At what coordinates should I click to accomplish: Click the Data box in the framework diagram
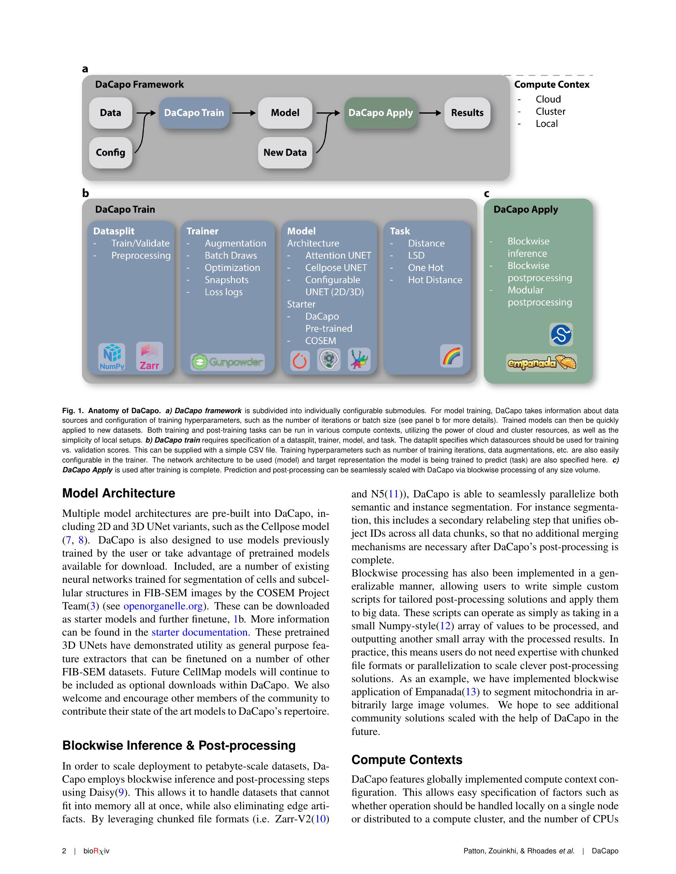[111, 113]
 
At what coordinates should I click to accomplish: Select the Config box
[111, 153]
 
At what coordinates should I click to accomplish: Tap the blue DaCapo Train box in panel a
[194, 113]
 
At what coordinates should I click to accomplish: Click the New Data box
[285, 153]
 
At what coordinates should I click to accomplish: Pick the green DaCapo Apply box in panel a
[381, 113]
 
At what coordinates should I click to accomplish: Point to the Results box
[467, 113]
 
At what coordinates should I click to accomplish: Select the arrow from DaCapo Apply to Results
[430, 113]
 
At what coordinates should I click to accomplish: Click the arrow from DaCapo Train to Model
[243, 113]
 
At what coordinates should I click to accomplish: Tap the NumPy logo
[112, 357]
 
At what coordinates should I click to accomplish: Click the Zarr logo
[150, 356]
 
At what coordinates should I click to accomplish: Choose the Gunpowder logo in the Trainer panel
[227, 363]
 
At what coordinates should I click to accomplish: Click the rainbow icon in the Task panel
[452, 356]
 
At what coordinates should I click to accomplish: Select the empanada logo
[541, 363]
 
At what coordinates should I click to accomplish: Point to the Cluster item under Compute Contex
[550, 112]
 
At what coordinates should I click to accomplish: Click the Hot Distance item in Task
[435, 280]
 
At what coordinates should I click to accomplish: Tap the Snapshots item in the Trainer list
[226, 280]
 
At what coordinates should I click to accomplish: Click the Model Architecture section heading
[118, 493]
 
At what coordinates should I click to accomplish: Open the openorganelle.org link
[164, 606]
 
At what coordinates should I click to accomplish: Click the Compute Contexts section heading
[406, 760]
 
